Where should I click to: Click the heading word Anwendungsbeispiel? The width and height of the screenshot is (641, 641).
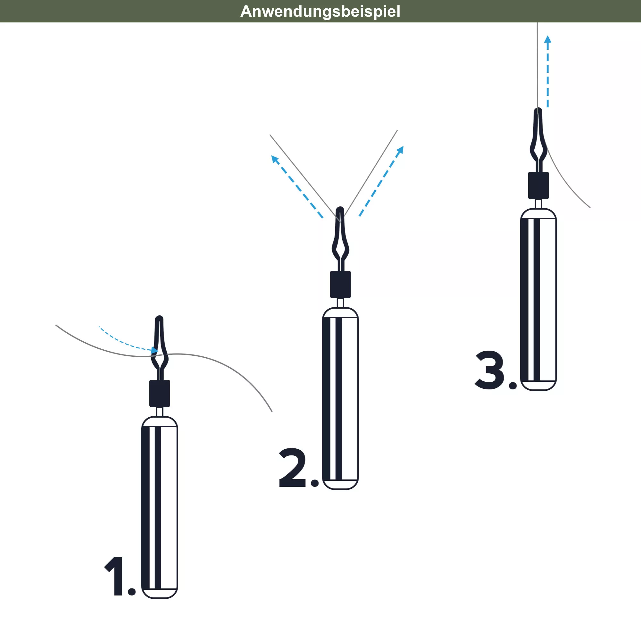(x=320, y=11)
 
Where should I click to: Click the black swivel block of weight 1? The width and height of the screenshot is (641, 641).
(x=160, y=393)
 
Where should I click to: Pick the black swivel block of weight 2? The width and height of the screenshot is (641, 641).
(x=340, y=284)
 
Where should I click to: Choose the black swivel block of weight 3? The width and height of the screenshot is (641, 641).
(x=538, y=185)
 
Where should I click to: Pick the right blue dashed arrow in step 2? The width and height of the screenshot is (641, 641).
(x=381, y=181)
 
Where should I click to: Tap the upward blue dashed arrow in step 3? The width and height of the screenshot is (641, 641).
(x=548, y=71)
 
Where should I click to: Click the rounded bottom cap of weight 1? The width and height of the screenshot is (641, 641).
(x=160, y=594)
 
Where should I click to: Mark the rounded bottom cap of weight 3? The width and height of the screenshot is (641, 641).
(x=538, y=386)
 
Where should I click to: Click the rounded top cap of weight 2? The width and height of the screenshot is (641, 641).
(x=340, y=312)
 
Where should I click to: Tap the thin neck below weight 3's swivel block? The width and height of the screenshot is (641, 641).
(x=538, y=204)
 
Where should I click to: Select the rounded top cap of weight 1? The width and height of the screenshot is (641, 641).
(x=160, y=421)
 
